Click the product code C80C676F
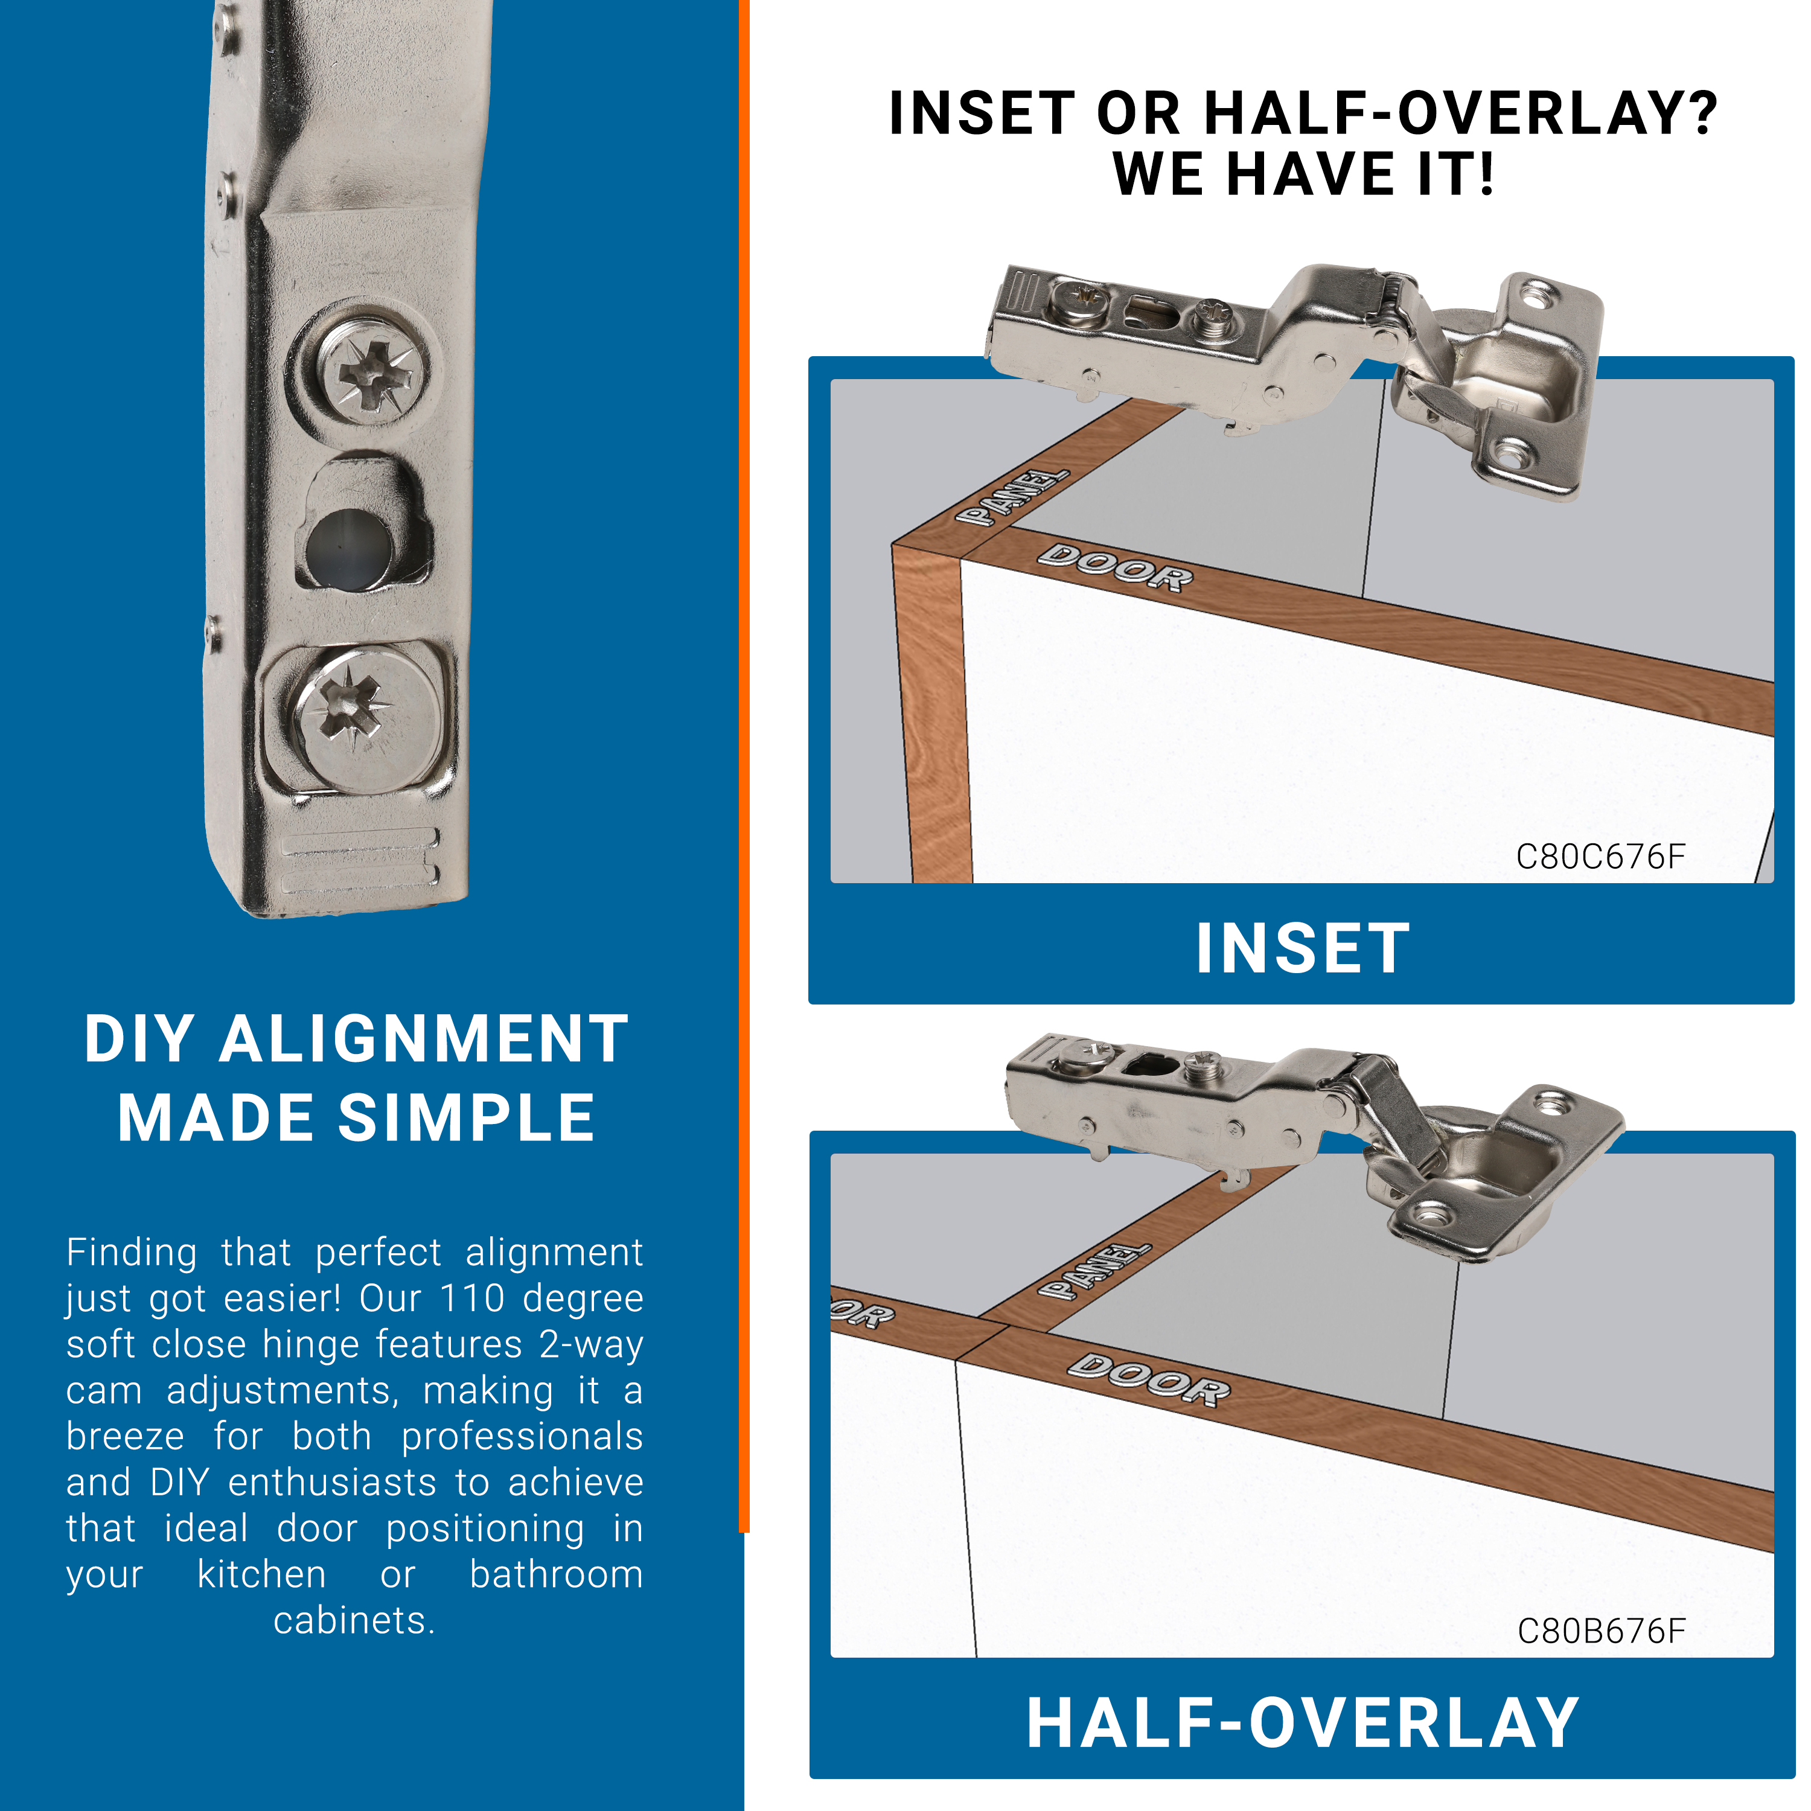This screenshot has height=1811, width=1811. (x=1600, y=857)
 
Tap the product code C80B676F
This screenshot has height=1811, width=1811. (x=1601, y=1632)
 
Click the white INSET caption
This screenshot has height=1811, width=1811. (x=1303, y=948)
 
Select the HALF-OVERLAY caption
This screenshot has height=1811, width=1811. (x=1303, y=1723)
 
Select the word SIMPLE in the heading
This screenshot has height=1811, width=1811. (x=467, y=1117)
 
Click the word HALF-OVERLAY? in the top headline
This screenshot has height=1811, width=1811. (x=1460, y=113)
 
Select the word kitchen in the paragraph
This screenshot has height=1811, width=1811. (x=261, y=1575)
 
